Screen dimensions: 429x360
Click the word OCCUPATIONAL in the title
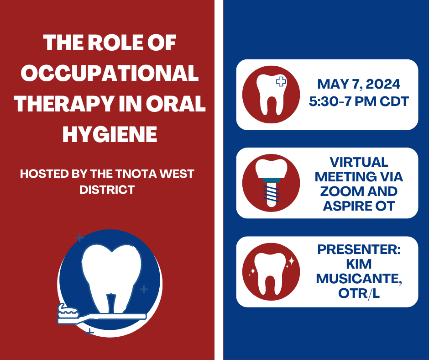(110, 73)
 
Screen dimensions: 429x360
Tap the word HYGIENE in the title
(110, 134)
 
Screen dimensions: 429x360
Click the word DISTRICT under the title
(107, 190)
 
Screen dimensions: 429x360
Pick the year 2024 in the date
(383, 84)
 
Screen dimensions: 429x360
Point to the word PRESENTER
(359, 249)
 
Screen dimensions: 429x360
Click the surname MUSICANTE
(359, 279)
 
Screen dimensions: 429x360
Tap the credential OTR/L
(359, 293)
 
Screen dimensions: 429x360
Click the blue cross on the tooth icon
(281, 81)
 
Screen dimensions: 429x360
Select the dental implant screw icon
(271, 183)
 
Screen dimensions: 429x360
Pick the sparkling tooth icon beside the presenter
(271, 272)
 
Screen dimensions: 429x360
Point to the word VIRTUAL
(359, 162)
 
